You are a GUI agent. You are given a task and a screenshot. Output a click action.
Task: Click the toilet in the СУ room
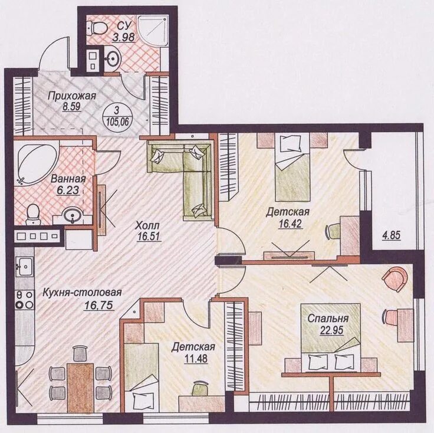[x=97, y=28]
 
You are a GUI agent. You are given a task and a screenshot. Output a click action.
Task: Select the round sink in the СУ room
[x=113, y=58]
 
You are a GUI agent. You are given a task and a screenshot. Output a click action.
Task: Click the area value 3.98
[x=124, y=37]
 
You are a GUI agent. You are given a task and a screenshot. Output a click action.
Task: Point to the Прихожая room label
[x=72, y=96]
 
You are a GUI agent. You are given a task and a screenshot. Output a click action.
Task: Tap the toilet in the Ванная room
[x=33, y=214]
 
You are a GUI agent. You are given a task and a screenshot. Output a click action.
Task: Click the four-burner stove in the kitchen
[x=25, y=300]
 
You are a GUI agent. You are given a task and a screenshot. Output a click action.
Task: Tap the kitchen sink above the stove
[x=25, y=266]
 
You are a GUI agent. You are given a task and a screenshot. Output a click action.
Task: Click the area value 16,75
[x=99, y=305]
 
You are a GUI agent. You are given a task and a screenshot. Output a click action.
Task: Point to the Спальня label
[x=328, y=319]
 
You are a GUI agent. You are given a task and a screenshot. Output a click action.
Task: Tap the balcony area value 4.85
[x=392, y=236]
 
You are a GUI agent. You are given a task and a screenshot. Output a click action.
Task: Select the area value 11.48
[x=195, y=359]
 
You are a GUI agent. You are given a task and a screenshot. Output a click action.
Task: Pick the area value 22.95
[x=332, y=330]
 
